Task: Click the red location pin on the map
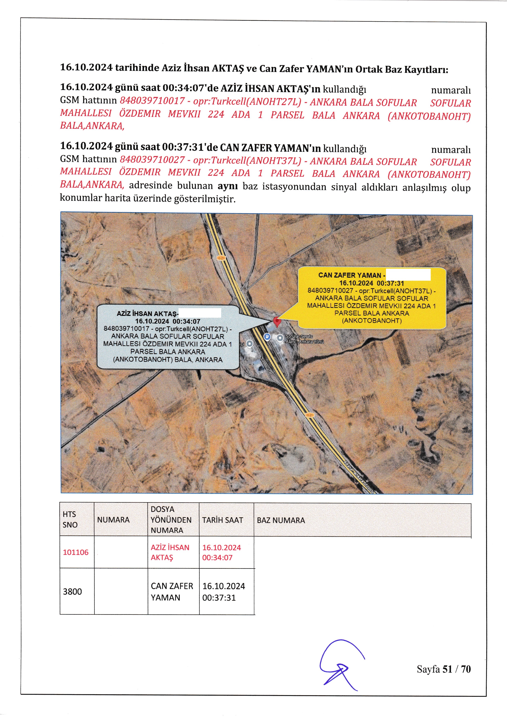pyautogui.click(x=276, y=321)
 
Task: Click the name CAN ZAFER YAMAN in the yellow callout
pyautogui.click(x=350, y=275)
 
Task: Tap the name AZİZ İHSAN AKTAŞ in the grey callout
pyautogui.click(x=147, y=314)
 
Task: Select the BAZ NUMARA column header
pyautogui.click(x=281, y=520)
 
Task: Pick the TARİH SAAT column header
pyautogui.click(x=222, y=520)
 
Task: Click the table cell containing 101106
pyautogui.click(x=76, y=552)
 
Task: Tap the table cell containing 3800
pyautogui.click(x=72, y=591)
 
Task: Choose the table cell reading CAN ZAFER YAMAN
pyautogui.click(x=172, y=591)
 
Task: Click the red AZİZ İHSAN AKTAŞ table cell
pyautogui.click(x=170, y=552)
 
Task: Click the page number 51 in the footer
pyautogui.click(x=447, y=669)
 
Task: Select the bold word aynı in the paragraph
pyautogui.click(x=228, y=186)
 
